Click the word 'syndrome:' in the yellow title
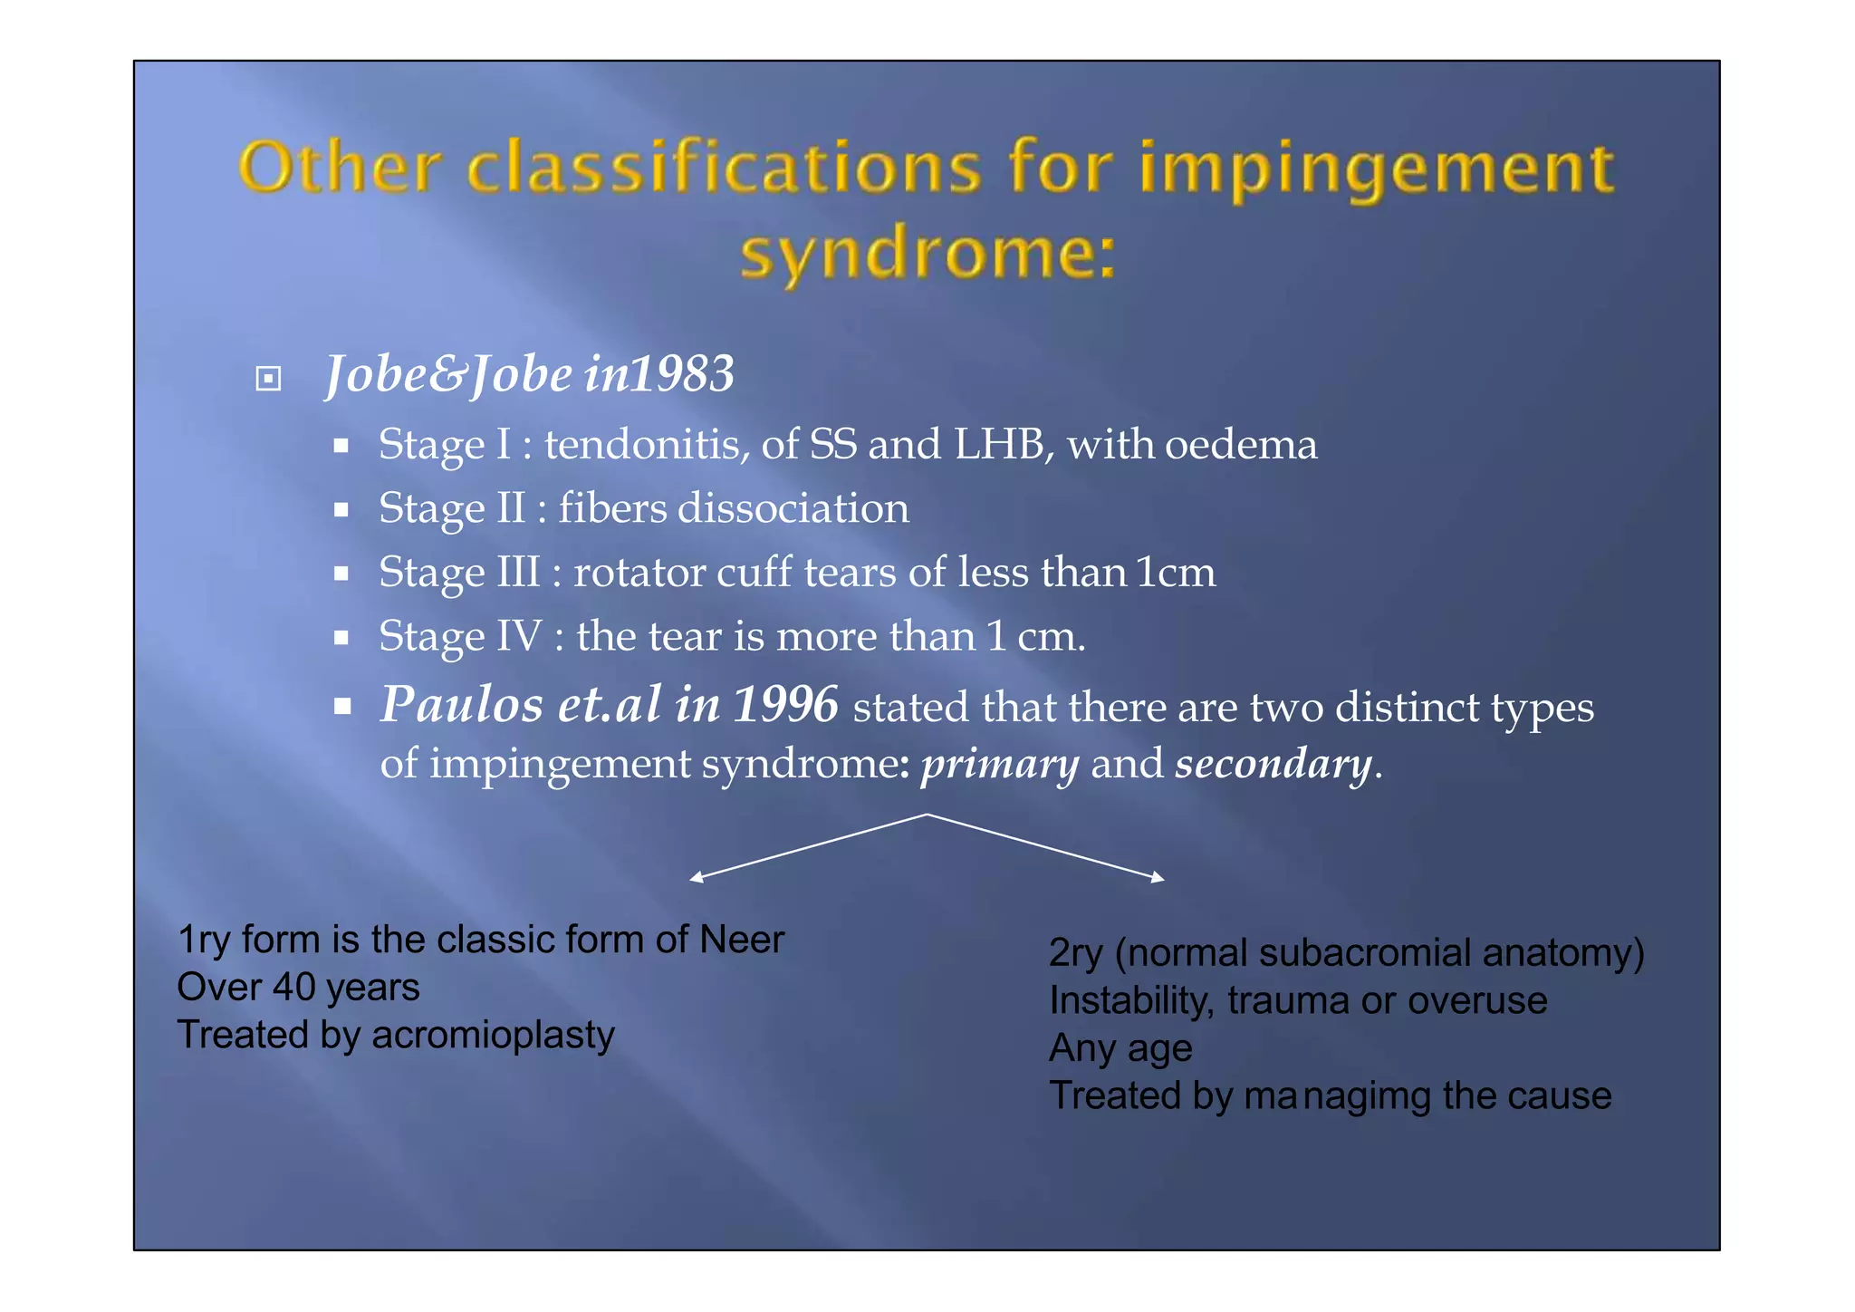(x=927, y=254)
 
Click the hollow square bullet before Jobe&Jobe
(x=268, y=378)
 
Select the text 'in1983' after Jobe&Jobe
(x=658, y=374)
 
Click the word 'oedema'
(x=1240, y=445)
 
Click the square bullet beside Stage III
(x=341, y=574)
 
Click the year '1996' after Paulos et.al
(x=784, y=705)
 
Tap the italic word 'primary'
(x=999, y=764)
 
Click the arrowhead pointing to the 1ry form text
(x=696, y=877)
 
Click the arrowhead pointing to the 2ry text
(x=1158, y=877)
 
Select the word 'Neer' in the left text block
(x=741, y=940)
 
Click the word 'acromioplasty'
(x=493, y=1035)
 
